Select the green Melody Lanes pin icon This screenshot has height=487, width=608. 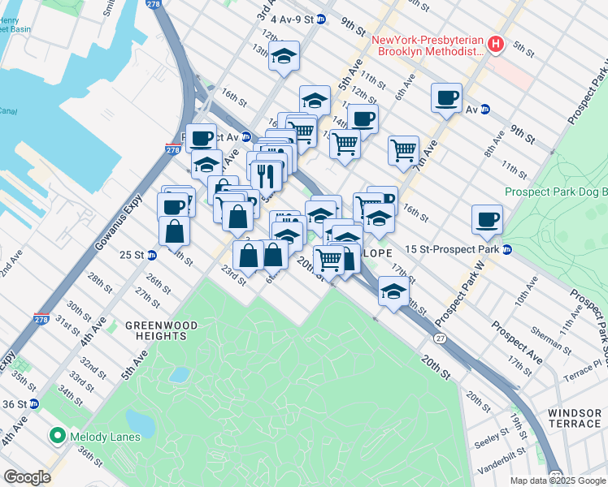[x=56, y=437]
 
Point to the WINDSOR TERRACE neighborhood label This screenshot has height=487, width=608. [x=574, y=418]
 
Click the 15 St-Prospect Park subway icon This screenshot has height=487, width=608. [x=507, y=248]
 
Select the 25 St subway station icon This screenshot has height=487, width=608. [x=151, y=255]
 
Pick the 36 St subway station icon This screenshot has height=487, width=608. [x=33, y=403]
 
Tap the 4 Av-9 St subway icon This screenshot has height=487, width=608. [x=322, y=18]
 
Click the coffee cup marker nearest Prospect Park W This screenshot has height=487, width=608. [x=487, y=218]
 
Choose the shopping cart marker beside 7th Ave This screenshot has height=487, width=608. [x=403, y=149]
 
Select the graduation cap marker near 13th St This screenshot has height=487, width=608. [x=284, y=57]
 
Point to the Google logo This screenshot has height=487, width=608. [x=27, y=477]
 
